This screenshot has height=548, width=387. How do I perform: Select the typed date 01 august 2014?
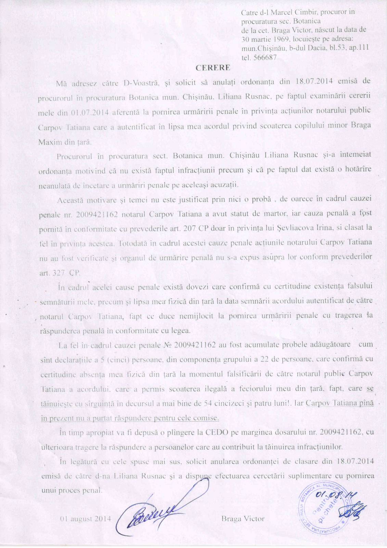click(86, 519)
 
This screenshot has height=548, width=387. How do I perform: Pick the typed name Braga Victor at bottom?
click(243, 519)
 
